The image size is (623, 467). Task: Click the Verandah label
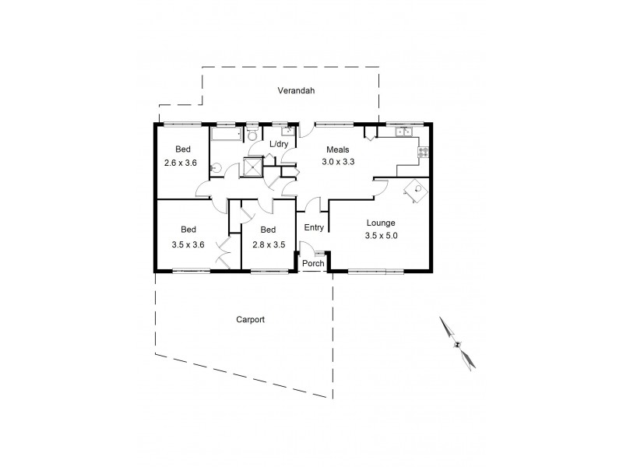point(295,91)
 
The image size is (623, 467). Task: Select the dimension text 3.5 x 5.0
point(381,235)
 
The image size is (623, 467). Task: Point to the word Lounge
point(381,223)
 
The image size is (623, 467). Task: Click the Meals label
point(338,149)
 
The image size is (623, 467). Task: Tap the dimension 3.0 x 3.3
point(338,162)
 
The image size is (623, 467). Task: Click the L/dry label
point(279,145)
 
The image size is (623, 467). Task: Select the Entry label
point(314,228)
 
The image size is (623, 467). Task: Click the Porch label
point(313,263)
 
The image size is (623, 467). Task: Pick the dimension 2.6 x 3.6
point(181,163)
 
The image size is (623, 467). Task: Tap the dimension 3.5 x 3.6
point(188,244)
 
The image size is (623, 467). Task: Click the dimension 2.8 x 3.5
point(268,244)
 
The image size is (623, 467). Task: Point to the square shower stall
point(255,167)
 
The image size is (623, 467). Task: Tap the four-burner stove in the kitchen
point(423,152)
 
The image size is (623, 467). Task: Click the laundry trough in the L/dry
point(287,131)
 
